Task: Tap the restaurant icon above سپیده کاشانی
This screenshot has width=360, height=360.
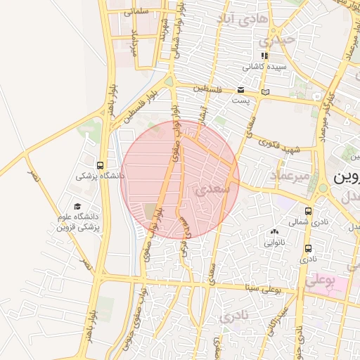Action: coord(264,56)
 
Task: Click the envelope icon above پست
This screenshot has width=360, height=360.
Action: coord(241,90)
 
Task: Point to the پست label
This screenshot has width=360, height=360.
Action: coord(241,101)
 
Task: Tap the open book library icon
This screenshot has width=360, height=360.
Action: coord(264,91)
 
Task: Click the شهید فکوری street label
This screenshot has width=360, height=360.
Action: coord(280,147)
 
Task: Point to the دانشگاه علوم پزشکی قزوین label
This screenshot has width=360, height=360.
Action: coord(78,222)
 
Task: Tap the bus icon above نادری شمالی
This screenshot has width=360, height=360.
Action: coord(308,210)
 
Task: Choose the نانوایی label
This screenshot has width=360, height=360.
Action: coord(274,243)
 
